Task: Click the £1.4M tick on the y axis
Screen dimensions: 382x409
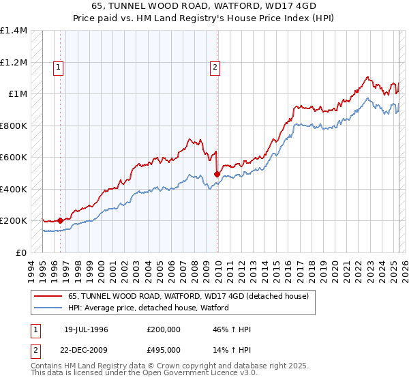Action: point(14,31)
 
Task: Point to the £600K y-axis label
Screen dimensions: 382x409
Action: point(14,158)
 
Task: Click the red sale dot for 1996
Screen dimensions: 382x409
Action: point(60,220)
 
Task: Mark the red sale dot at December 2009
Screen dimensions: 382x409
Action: point(217,174)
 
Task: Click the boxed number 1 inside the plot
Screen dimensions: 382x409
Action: point(59,67)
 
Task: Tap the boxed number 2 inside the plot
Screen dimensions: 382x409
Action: point(215,67)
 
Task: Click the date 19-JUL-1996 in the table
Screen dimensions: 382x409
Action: point(86,329)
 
